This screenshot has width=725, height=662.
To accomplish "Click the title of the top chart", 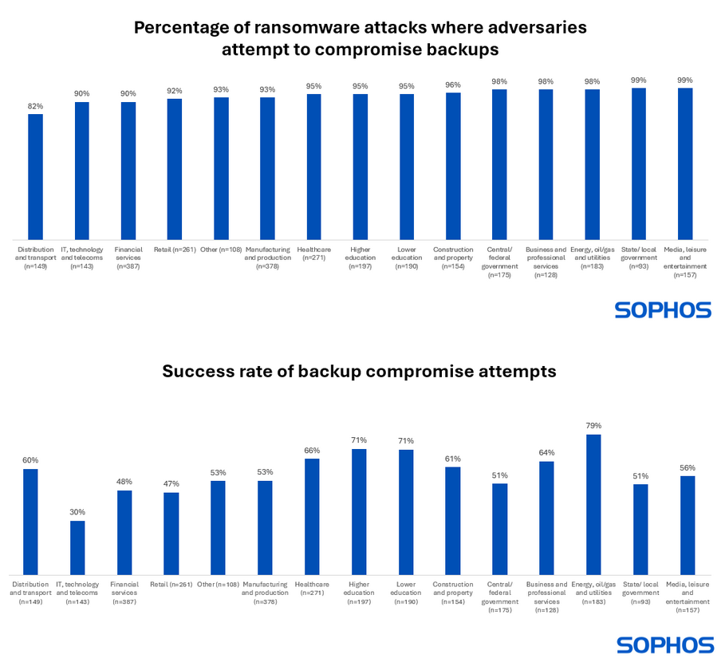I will point(361,37).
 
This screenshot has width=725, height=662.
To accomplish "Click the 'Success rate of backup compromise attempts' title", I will point(361,372).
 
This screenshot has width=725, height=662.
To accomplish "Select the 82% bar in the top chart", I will point(35,176).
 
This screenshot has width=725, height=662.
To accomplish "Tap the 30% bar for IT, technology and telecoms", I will point(77,547).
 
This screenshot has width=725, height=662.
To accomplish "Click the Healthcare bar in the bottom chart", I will point(312,516).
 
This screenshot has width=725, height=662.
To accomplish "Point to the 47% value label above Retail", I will point(171,484).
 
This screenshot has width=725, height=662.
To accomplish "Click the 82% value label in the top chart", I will point(35,106).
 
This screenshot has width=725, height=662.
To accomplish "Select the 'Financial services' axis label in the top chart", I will point(128,258).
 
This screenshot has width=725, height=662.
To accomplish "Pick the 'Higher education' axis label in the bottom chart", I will point(358,593).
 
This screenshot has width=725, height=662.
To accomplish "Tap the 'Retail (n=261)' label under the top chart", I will point(174,250).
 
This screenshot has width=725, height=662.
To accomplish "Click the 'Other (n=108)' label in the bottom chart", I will point(218,584).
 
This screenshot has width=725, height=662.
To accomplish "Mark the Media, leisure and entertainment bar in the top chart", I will point(684,164).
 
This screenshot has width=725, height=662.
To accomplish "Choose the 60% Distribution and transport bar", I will point(30,522).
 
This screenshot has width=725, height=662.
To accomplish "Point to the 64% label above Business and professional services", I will point(546,453).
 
